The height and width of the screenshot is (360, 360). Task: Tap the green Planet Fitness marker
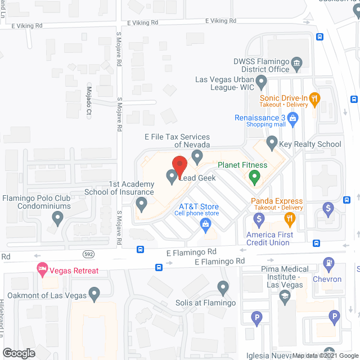coord(254,179)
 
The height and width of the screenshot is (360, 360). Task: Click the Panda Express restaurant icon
coord(289,218)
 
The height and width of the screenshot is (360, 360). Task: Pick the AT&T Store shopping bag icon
coord(206,225)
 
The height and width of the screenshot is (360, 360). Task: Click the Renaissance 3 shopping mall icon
coord(292,118)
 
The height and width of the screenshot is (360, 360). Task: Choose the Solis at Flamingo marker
coord(223,289)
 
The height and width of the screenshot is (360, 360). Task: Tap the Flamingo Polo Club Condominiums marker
coord(56,218)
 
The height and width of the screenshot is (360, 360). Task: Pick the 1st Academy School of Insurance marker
coord(142,202)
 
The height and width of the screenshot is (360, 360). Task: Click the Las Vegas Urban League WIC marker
coord(261,84)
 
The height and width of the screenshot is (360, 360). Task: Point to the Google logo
coord(19,353)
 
